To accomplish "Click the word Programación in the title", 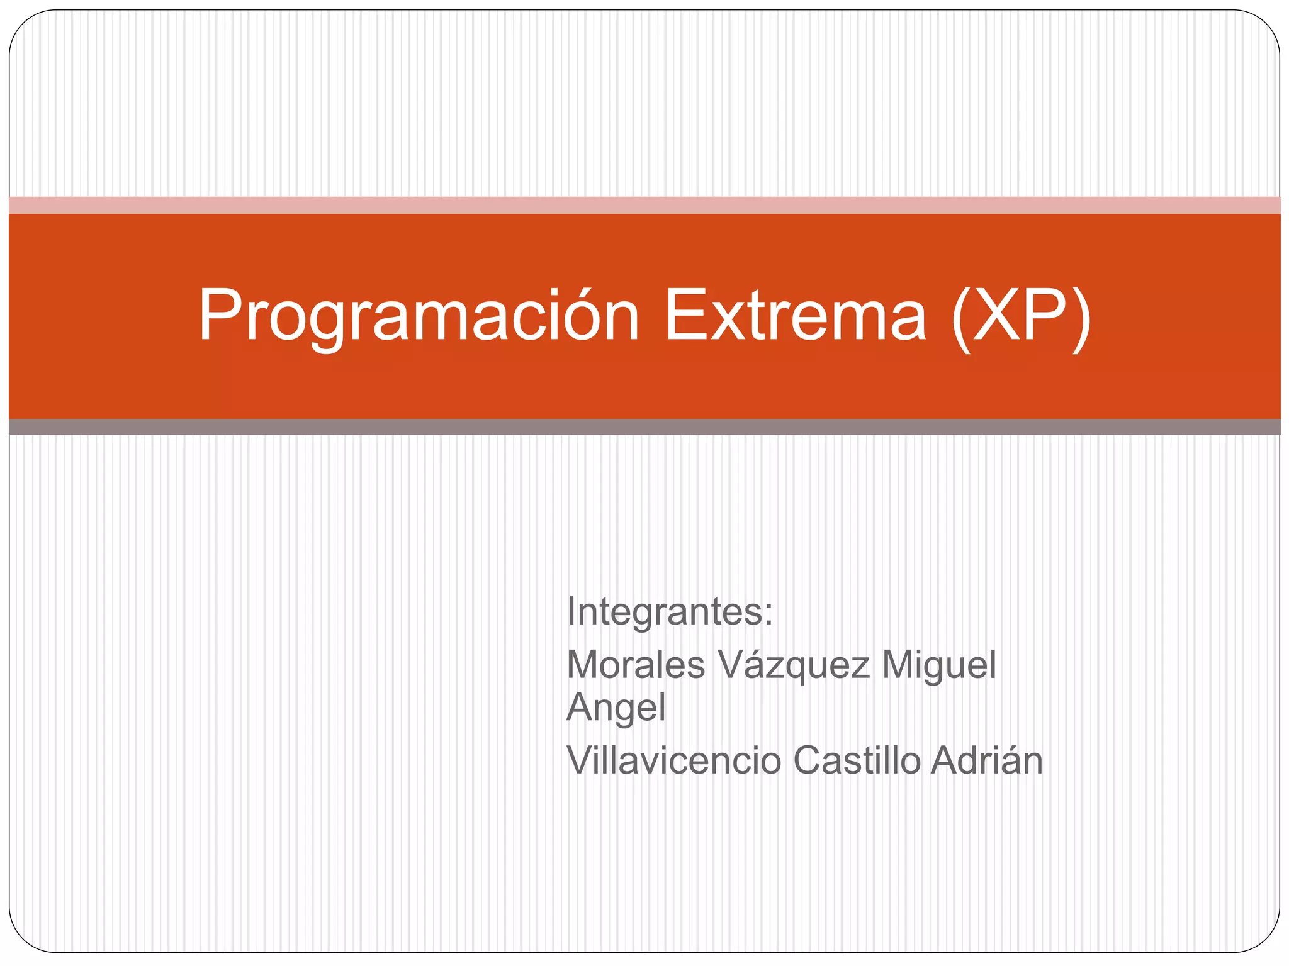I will click(419, 316).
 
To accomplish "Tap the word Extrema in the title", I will click(795, 316).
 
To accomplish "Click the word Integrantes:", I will click(669, 611).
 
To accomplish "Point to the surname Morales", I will click(636, 665).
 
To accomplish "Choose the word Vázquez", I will click(794, 665).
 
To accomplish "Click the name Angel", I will click(616, 708).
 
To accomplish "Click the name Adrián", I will click(987, 760).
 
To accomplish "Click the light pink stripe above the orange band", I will click(644, 205).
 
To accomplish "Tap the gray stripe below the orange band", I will click(644, 427).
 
